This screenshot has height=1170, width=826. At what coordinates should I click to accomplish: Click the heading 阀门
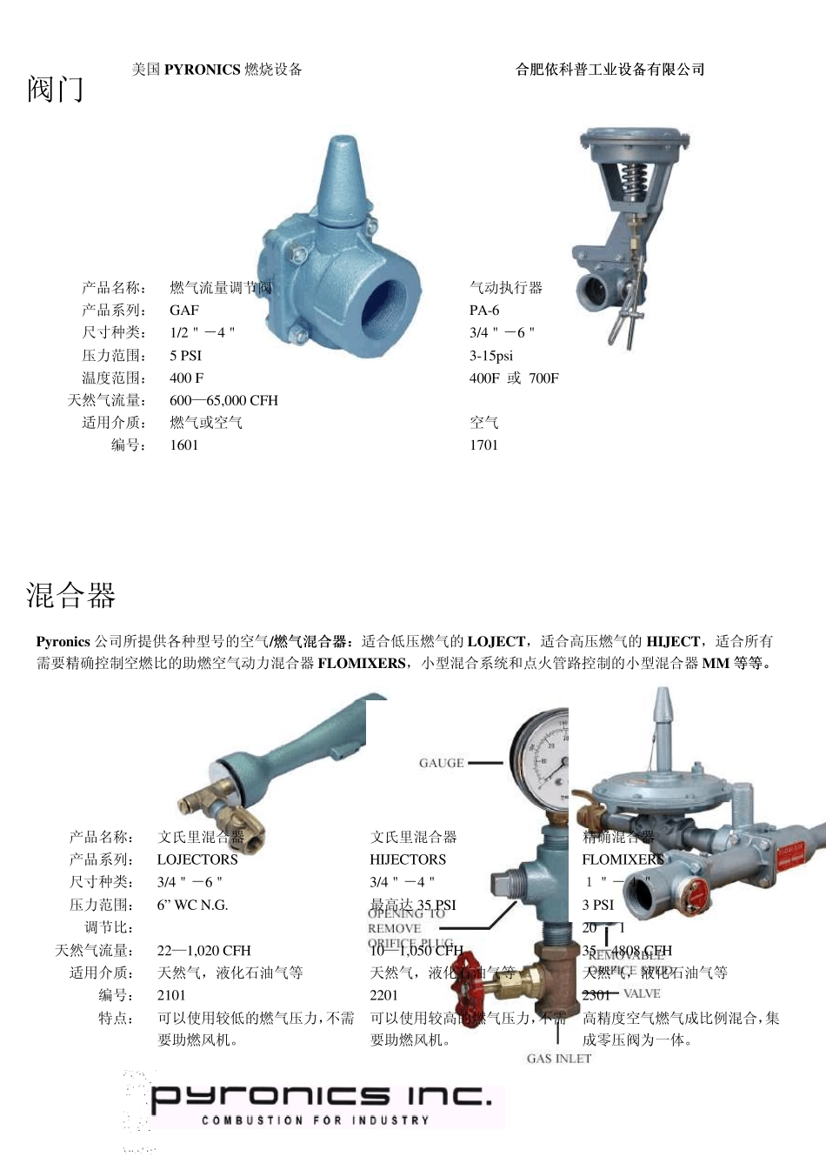click(x=55, y=89)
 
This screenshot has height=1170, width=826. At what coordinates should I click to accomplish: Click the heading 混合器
click(x=70, y=595)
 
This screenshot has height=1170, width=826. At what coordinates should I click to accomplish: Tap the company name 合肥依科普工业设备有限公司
click(x=610, y=70)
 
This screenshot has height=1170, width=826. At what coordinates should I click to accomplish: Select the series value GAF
click(x=184, y=310)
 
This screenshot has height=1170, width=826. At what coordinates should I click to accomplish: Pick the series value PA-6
click(x=484, y=310)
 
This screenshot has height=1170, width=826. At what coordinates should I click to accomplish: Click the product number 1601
click(x=184, y=445)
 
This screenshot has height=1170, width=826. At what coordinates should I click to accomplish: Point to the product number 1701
click(x=483, y=445)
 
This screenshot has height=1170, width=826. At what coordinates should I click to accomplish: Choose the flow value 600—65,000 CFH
click(x=223, y=400)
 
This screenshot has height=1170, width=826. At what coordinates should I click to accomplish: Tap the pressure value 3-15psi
click(x=491, y=355)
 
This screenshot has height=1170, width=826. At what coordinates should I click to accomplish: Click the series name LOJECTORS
click(x=197, y=859)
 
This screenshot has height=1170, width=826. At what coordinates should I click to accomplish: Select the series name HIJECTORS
click(x=408, y=859)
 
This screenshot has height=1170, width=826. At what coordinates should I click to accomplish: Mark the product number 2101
click(x=171, y=995)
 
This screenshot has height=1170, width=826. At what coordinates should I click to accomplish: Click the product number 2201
click(x=383, y=995)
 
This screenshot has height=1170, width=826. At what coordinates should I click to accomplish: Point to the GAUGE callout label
click(x=442, y=763)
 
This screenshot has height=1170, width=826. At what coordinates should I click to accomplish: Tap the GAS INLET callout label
click(x=559, y=1059)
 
